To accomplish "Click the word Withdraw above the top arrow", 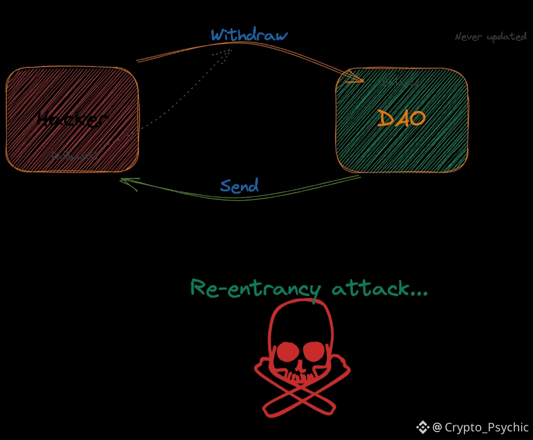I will coord(249,35).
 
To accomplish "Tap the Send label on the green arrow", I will coord(239,186).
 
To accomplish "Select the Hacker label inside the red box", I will coord(72,119).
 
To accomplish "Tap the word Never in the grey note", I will coord(468,37).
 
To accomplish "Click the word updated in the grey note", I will coord(507,37).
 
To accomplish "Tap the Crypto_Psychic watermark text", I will coord(487,427).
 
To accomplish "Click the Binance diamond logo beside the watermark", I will coord(423,427).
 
